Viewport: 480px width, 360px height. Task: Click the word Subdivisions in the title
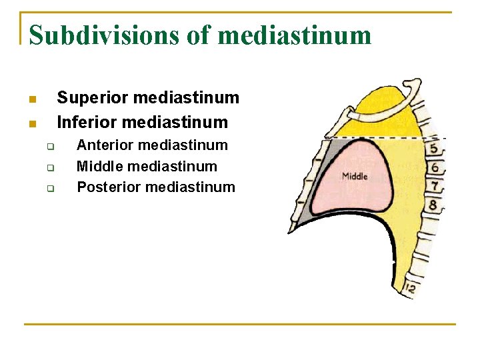tap(104, 35)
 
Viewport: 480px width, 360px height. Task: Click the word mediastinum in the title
tap(295, 35)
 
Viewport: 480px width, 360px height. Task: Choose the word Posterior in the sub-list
tap(108, 187)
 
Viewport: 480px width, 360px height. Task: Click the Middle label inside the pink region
tap(354, 177)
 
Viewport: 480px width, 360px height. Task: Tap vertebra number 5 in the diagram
tap(434, 148)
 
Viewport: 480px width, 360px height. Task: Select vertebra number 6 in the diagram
tap(434, 167)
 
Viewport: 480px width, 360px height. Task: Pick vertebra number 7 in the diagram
tap(434, 186)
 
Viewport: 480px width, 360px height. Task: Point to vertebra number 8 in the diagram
tap(433, 205)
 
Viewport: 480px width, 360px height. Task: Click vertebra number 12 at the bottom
tap(409, 288)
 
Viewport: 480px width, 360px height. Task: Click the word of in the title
tap(197, 35)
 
